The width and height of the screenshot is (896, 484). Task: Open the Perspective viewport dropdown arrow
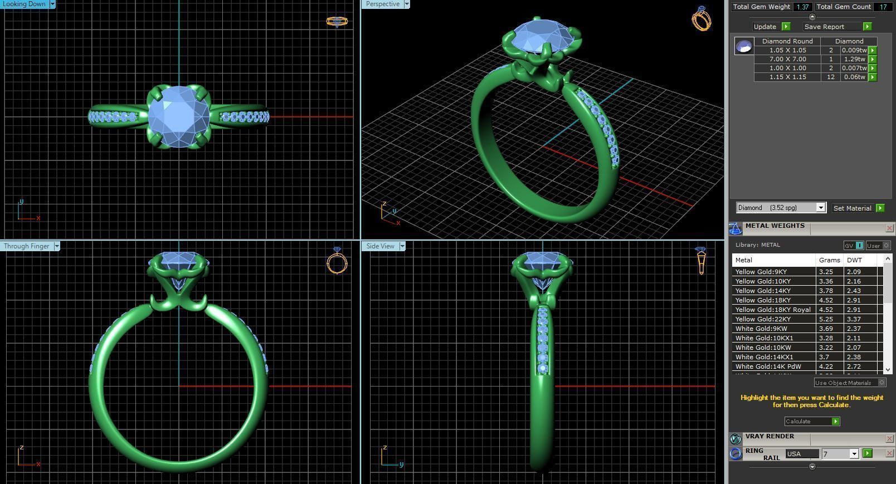[x=407, y=4]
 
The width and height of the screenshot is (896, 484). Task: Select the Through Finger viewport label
[x=26, y=246]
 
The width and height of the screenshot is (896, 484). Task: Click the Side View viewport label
[x=381, y=246]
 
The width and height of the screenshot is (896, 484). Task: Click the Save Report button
[x=824, y=27]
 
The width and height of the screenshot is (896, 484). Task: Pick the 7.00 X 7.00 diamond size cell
[x=787, y=59]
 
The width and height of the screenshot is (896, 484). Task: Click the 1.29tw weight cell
[x=854, y=59]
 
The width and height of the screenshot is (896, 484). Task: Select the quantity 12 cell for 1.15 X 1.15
[x=830, y=77]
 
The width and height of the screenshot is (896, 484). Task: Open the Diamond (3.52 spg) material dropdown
[x=820, y=208]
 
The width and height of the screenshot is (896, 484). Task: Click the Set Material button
[x=852, y=208]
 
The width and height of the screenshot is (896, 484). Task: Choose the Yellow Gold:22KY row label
[x=762, y=319]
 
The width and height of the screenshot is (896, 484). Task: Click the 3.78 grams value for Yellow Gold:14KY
[x=826, y=291]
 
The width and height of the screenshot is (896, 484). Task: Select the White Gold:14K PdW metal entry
[x=768, y=366]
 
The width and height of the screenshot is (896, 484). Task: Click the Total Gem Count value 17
[x=882, y=7]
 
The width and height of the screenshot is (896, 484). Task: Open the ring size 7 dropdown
[x=854, y=454]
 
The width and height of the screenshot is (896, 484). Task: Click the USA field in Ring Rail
[x=801, y=454]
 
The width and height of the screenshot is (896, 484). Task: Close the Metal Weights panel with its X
[x=889, y=228]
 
